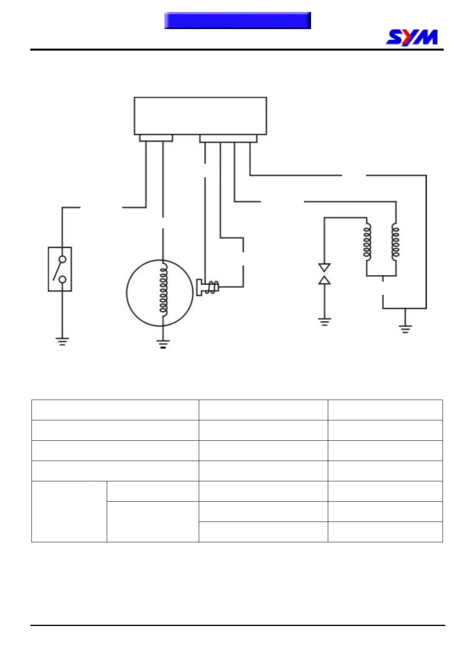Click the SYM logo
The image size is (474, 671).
coord(412,37)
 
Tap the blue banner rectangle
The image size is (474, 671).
coord(237,20)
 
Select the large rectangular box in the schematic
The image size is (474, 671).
coord(200,116)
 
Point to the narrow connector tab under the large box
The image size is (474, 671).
coord(156,138)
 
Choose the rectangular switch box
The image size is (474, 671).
coord(60,269)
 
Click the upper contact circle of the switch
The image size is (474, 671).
coord(63,259)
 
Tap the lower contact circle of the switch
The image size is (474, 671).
coord(63,279)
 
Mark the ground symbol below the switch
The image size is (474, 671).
coord(62,341)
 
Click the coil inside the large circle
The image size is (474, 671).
coord(163,289)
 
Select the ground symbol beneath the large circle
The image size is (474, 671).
coord(163,344)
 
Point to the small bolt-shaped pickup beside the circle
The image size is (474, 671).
coord(207,287)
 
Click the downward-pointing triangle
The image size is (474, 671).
coord(324,267)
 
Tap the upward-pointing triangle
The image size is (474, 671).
coord(324,280)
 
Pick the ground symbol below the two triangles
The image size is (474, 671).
coord(324,322)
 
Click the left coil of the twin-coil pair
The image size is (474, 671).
coord(367,243)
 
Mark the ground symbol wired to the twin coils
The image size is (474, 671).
coord(405,329)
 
